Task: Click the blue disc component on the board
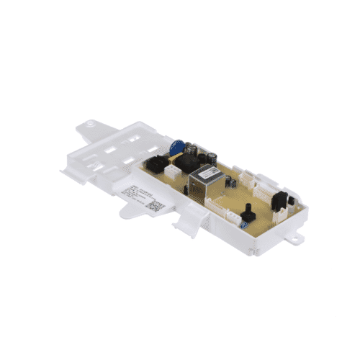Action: (177, 147)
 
